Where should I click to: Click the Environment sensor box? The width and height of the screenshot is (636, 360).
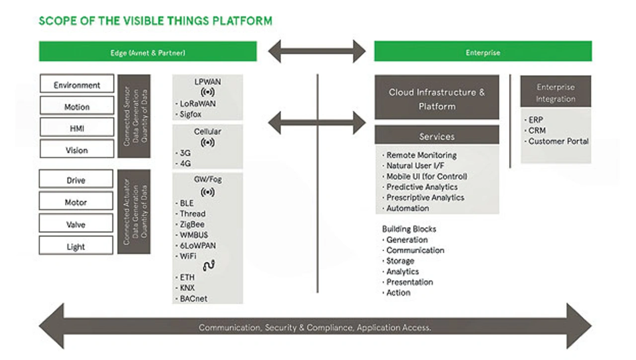[x=77, y=83]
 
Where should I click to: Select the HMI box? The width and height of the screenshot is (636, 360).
[x=77, y=127]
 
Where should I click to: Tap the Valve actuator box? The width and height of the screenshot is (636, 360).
[x=76, y=223]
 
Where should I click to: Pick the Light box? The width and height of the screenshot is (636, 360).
[x=76, y=245]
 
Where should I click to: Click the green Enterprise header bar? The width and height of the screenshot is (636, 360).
[x=483, y=51]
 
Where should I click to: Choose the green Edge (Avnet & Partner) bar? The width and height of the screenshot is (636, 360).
[x=148, y=51]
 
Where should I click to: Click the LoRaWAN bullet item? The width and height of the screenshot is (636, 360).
[x=196, y=104]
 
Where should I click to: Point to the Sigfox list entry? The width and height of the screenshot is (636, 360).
[x=188, y=115]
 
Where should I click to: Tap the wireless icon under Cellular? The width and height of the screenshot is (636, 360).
[x=208, y=143]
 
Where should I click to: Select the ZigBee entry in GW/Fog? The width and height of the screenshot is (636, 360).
[x=190, y=224]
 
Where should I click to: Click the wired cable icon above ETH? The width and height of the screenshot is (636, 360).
[x=209, y=266]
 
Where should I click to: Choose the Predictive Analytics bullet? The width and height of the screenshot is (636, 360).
[x=420, y=187]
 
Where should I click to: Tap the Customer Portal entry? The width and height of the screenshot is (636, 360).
[x=556, y=142]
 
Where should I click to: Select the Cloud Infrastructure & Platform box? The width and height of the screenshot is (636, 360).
[x=437, y=97]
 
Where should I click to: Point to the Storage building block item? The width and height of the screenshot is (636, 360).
[x=398, y=261]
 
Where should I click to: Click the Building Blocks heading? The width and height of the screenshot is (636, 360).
[x=409, y=229]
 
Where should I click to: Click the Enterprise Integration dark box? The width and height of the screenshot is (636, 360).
[x=556, y=91]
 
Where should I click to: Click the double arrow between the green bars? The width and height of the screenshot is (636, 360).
[x=317, y=51]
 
